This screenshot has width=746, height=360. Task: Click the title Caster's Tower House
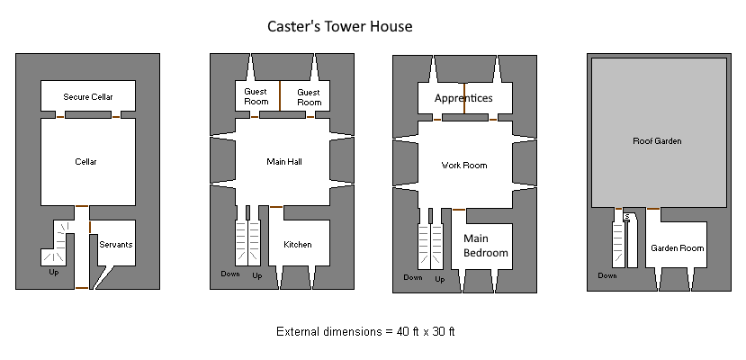point(339,27)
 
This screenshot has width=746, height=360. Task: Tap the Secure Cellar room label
point(87,96)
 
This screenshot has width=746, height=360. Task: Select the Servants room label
point(115,244)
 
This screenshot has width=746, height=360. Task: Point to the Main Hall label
point(284,162)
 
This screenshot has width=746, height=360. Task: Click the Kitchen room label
point(298,245)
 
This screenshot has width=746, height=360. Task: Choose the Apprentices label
point(463,97)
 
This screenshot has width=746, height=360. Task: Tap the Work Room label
point(463,166)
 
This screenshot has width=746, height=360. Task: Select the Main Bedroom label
point(485,246)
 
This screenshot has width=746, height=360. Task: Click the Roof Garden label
point(657,141)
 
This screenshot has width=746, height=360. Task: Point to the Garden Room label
point(678,247)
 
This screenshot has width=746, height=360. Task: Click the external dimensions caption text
point(365,331)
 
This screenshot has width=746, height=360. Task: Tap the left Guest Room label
point(256,97)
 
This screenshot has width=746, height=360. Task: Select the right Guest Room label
point(309,97)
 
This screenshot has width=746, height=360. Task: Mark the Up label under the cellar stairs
point(54,271)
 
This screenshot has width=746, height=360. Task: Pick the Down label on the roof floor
point(607,276)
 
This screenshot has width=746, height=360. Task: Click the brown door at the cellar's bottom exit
point(82,288)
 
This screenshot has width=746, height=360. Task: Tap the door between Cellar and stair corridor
point(82,207)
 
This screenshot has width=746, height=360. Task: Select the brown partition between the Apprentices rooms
point(464,98)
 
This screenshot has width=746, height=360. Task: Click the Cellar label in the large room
point(86,162)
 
